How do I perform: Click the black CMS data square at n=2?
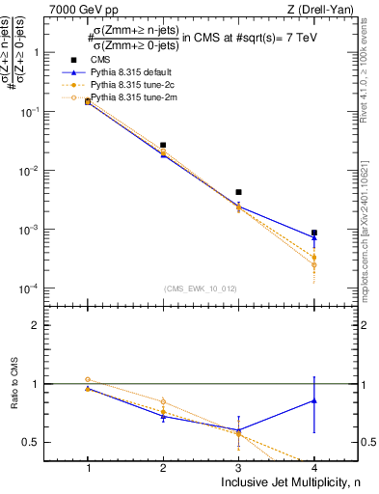(x=163, y=145)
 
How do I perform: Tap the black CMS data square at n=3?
(x=238, y=192)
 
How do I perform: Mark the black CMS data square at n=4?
(x=314, y=233)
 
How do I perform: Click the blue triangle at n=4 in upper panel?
(x=314, y=237)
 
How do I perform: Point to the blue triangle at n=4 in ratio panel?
(x=314, y=400)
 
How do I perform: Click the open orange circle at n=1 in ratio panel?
(x=88, y=379)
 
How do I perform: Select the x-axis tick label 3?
(x=238, y=468)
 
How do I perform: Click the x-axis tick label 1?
(x=88, y=468)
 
